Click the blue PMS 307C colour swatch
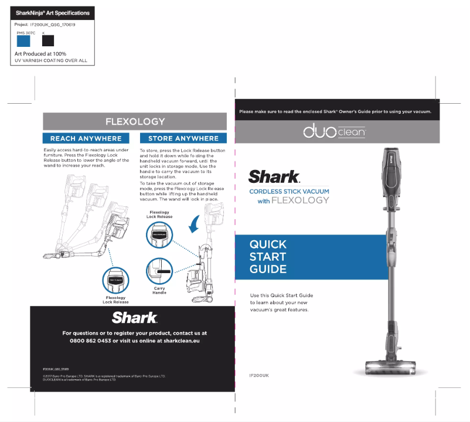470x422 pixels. pos(23,41)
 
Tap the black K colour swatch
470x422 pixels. pos(48,41)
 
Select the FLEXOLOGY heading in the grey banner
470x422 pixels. pos(135,122)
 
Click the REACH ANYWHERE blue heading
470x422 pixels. pos(86,139)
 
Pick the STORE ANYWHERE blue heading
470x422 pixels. pos(183,139)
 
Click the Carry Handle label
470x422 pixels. pos(159,291)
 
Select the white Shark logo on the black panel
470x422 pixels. pos(135,318)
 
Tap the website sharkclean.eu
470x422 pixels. pos(179,341)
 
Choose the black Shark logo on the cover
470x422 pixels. pos(274,176)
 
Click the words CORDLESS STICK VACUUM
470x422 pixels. pos(289,192)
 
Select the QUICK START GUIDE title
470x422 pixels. pos(268,257)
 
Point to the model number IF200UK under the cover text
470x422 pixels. pos(258,375)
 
